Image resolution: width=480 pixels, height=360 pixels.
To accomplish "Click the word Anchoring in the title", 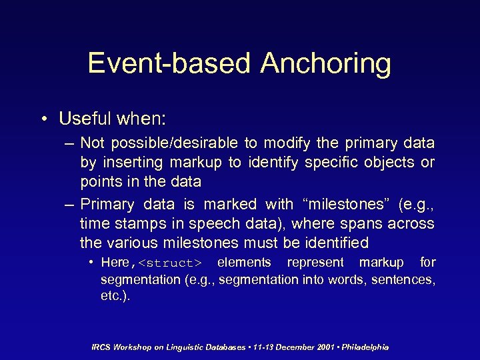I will click(x=326, y=63).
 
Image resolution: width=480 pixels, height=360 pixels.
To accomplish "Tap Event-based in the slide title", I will click(x=169, y=63).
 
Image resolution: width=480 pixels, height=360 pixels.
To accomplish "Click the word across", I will click(x=409, y=224).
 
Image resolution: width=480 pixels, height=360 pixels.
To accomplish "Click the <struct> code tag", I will click(x=169, y=263).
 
